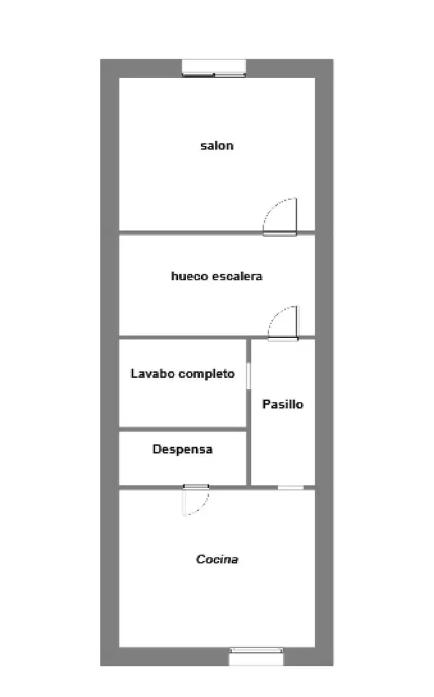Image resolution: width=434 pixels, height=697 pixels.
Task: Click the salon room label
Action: (x=217, y=146)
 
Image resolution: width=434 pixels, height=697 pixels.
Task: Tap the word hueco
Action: (x=190, y=276)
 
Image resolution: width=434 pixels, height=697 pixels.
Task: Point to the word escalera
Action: (x=237, y=276)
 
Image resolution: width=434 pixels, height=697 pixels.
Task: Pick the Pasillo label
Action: (x=283, y=404)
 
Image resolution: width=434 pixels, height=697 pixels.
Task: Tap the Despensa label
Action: (x=182, y=449)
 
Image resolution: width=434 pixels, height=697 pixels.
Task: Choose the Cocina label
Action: (x=217, y=559)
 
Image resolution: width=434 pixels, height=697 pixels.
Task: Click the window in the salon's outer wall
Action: (x=214, y=68)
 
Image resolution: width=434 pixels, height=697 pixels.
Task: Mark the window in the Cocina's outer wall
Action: (x=256, y=656)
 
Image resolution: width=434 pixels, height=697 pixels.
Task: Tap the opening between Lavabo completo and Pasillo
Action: (x=248, y=376)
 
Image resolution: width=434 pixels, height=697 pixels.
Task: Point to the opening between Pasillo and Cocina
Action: (x=291, y=488)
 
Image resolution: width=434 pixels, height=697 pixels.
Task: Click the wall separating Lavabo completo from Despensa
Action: (x=182, y=429)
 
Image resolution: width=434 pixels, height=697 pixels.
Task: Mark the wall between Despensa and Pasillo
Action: (x=249, y=458)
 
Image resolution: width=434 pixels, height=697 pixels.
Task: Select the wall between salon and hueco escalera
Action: (x=191, y=232)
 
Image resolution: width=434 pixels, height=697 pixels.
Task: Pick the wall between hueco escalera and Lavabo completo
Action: (x=182, y=338)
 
